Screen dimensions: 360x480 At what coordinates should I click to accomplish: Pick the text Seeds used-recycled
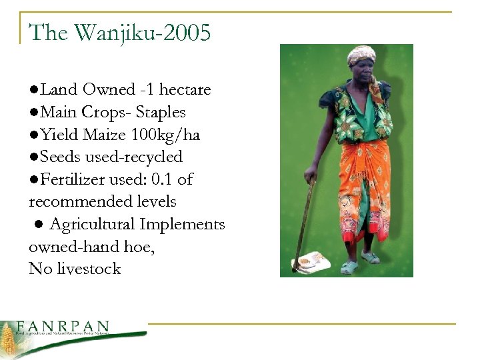coord(110,157)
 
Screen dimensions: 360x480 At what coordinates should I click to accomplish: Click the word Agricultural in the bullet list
coord(94,225)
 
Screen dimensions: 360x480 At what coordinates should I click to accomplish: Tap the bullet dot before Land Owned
coord(33,90)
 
